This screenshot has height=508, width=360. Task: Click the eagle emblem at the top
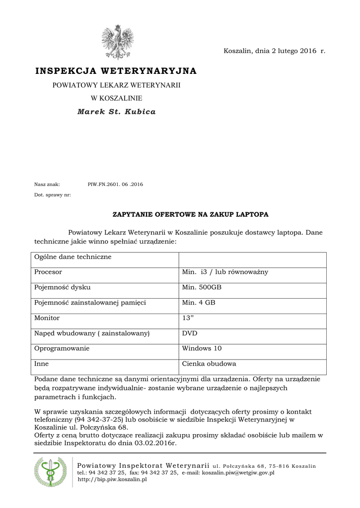[117, 42]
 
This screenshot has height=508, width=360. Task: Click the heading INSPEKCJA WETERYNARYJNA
[116, 71]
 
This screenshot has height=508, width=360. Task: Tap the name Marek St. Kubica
[117, 112]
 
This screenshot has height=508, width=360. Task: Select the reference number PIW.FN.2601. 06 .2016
[115, 185]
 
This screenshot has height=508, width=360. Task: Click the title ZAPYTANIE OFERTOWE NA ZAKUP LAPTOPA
[191, 214]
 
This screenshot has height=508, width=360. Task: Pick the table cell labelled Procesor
[48, 272]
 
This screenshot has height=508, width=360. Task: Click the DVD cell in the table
[190, 333]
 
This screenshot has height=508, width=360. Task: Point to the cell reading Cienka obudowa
[209, 364]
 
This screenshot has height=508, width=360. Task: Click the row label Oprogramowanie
[62, 348]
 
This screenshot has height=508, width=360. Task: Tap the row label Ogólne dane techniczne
[72, 257]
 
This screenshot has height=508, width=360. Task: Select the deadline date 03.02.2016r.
[155, 443]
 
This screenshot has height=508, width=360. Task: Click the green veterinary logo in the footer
[50, 471]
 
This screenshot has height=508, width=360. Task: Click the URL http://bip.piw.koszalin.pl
[112, 480]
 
